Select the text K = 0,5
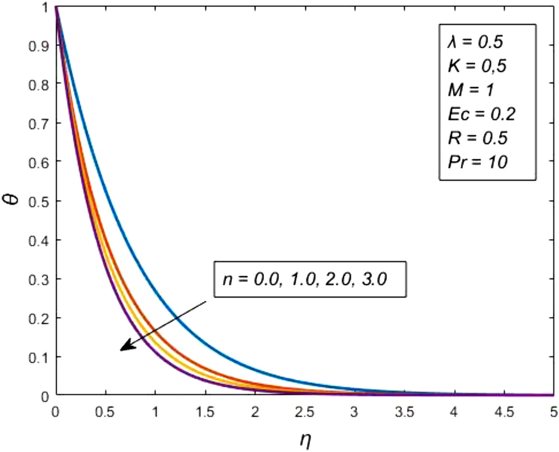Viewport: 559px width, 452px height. point(478,67)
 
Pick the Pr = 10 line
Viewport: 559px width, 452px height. point(478,163)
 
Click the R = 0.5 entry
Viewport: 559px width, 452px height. point(478,138)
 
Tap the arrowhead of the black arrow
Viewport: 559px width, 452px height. point(122,349)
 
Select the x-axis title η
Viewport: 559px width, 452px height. point(304,439)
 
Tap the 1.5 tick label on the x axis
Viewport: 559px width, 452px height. point(204,412)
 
